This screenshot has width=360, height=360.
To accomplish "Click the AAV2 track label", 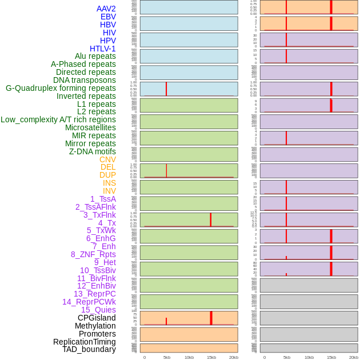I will click(x=106, y=9).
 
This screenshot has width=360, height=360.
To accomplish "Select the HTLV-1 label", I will click(x=103, y=49).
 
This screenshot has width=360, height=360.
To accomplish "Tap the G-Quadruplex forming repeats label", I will click(x=61, y=88).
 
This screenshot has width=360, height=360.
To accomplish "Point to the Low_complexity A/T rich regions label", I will click(x=58, y=119).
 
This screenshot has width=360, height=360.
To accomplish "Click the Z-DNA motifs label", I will click(x=93, y=151).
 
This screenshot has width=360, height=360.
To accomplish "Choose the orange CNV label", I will click(x=107, y=159).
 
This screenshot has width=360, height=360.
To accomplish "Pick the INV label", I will click(x=109, y=191).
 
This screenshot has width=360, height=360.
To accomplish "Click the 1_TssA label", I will click(x=103, y=199).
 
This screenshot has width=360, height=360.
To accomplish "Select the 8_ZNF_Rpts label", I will click(x=93, y=254).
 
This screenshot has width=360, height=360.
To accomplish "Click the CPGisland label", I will click(x=97, y=318).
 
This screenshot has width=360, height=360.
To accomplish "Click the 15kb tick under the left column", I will click(x=211, y=357).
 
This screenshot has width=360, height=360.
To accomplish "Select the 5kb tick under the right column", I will click(x=286, y=357).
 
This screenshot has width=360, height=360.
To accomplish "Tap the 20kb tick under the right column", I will click(x=354, y=357).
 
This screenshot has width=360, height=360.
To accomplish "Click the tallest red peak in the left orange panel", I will click(x=211, y=318).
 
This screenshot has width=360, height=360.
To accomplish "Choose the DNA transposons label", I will click(x=85, y=80).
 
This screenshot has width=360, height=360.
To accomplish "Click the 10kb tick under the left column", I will click(x=189, y=357).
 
